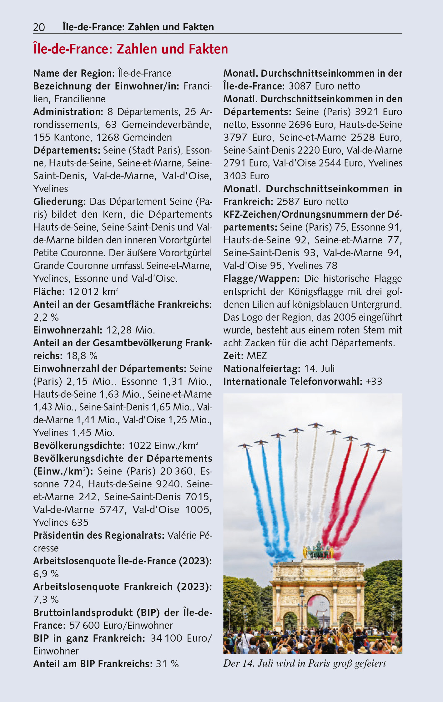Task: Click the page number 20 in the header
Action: click(39, 28)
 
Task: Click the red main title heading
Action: click(131, 49)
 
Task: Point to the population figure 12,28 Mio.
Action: click(130, 330)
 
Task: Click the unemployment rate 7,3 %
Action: click(46, 599)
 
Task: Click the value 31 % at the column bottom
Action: click(167, 664)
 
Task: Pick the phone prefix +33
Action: click(374, 381)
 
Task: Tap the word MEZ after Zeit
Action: click(257, 356)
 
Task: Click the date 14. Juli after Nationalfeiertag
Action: click(319, 369)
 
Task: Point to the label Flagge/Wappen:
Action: click(261, 278)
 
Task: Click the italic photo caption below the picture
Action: click(305, 663)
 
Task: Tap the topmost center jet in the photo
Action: click(316, 425)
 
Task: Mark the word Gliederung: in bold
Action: click(60, 201)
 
